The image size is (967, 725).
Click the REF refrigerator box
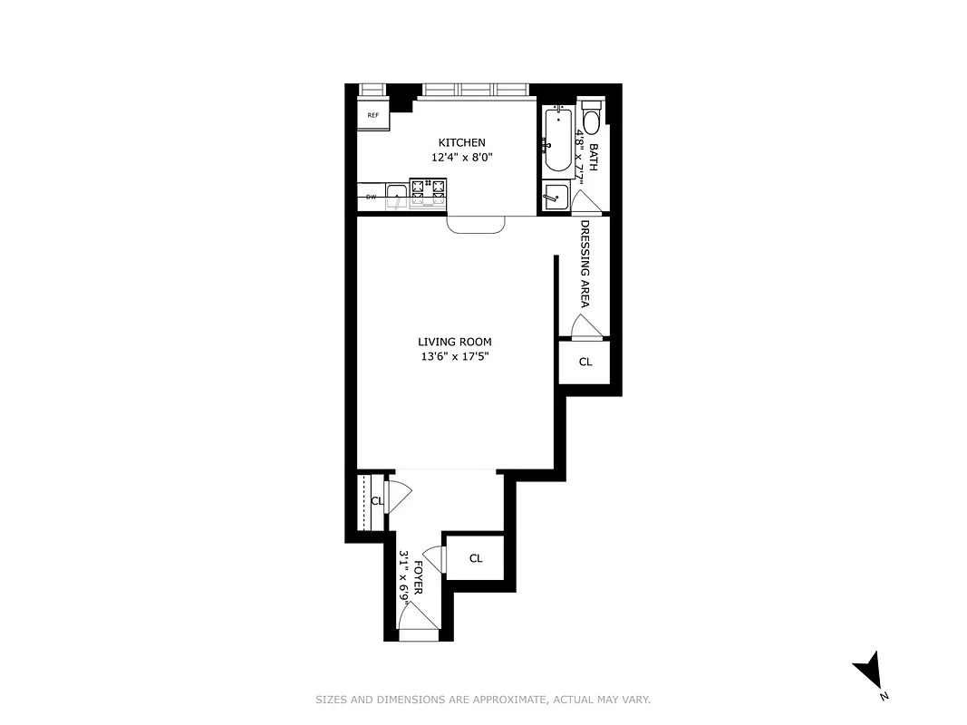[x=372, y=116]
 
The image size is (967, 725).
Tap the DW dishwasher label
[x=371, y=197]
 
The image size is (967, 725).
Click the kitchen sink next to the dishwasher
[x=396, y=194]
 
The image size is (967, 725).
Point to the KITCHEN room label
[x=462, y=142]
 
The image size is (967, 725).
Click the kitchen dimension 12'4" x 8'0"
[x=462, y=158]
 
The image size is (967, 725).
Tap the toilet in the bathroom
[x=592, y=121]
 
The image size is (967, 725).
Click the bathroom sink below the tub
[x=553, y=195]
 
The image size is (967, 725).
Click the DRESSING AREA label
[x=585, y=263]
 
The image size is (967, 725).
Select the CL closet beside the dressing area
[x=585, y=362]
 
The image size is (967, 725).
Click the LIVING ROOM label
[x=455, y=342]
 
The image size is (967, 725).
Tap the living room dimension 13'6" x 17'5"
[x=455, y=356]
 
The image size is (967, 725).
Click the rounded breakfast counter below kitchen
[x=477, y=225]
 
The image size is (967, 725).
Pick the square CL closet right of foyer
[x=476, y=558]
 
